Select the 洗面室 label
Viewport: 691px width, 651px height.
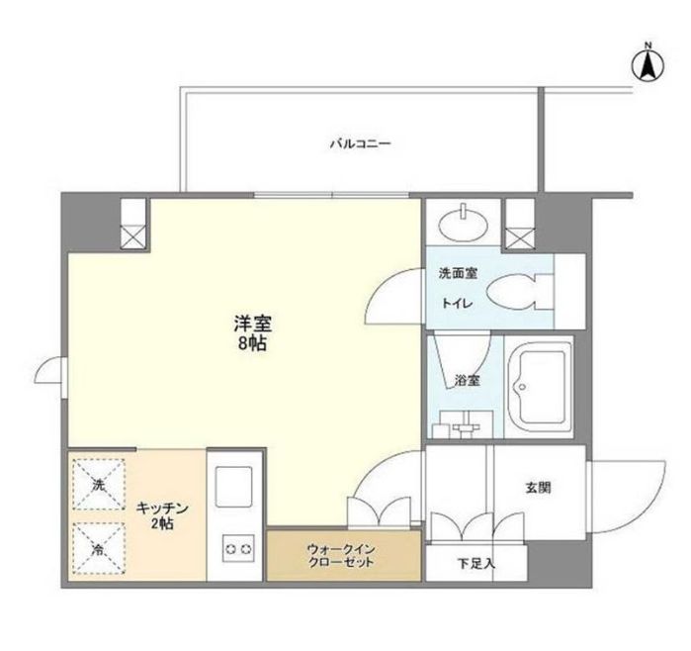459,273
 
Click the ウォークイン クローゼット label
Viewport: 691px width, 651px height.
341,554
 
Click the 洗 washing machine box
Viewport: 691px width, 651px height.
98,486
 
